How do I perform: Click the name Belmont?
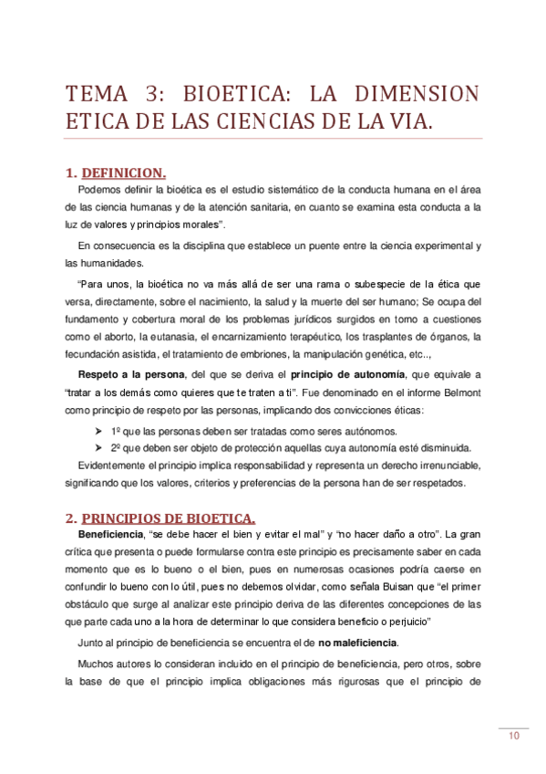460,392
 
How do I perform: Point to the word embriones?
261,354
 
